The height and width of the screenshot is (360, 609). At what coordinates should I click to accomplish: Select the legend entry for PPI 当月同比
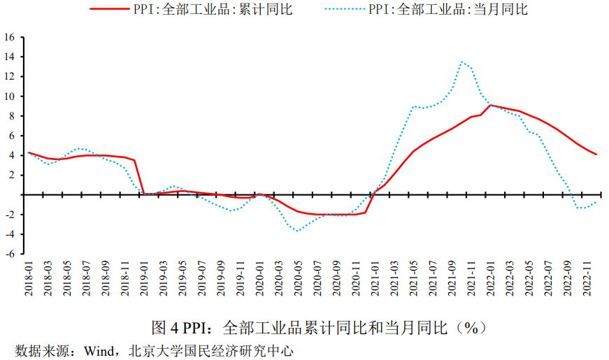coord(448,10)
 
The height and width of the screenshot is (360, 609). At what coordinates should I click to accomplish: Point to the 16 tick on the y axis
coord(10,36)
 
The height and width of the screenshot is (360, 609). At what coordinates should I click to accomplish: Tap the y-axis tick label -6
coord(10,254)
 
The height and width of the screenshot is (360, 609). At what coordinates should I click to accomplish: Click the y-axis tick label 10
coord(10,96)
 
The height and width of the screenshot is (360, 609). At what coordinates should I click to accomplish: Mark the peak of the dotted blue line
coord(461,62)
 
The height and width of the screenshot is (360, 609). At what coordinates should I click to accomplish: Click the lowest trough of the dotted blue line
coord(298,231)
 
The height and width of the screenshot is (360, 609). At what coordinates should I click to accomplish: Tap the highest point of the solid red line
coord(490,105)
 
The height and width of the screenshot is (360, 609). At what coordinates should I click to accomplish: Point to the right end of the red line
coord(596,154)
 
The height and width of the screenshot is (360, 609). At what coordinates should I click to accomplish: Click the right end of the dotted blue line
coord(596,202)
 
